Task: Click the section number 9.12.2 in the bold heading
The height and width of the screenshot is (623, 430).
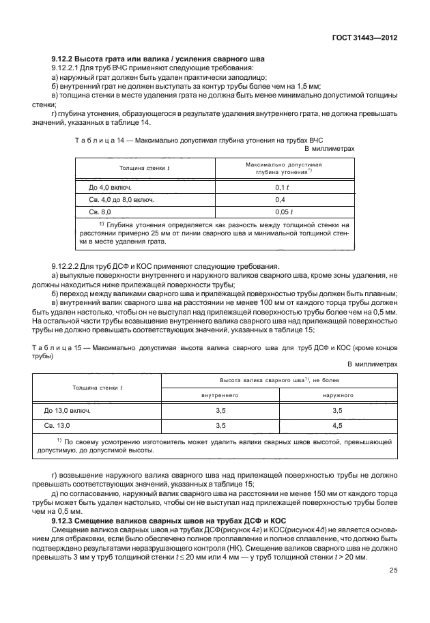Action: [68, 60]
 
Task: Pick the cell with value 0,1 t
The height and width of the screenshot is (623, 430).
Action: [279, 186]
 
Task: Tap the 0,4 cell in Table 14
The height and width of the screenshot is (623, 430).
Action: [279, 200]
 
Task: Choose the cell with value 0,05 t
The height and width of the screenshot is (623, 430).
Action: [279, 213]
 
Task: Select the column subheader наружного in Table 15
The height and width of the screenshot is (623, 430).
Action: [337, 394]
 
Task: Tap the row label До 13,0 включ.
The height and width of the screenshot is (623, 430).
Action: [68, 411]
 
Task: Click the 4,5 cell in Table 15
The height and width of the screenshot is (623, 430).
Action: [337, 425]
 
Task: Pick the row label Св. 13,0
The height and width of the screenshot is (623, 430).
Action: [59, 425]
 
